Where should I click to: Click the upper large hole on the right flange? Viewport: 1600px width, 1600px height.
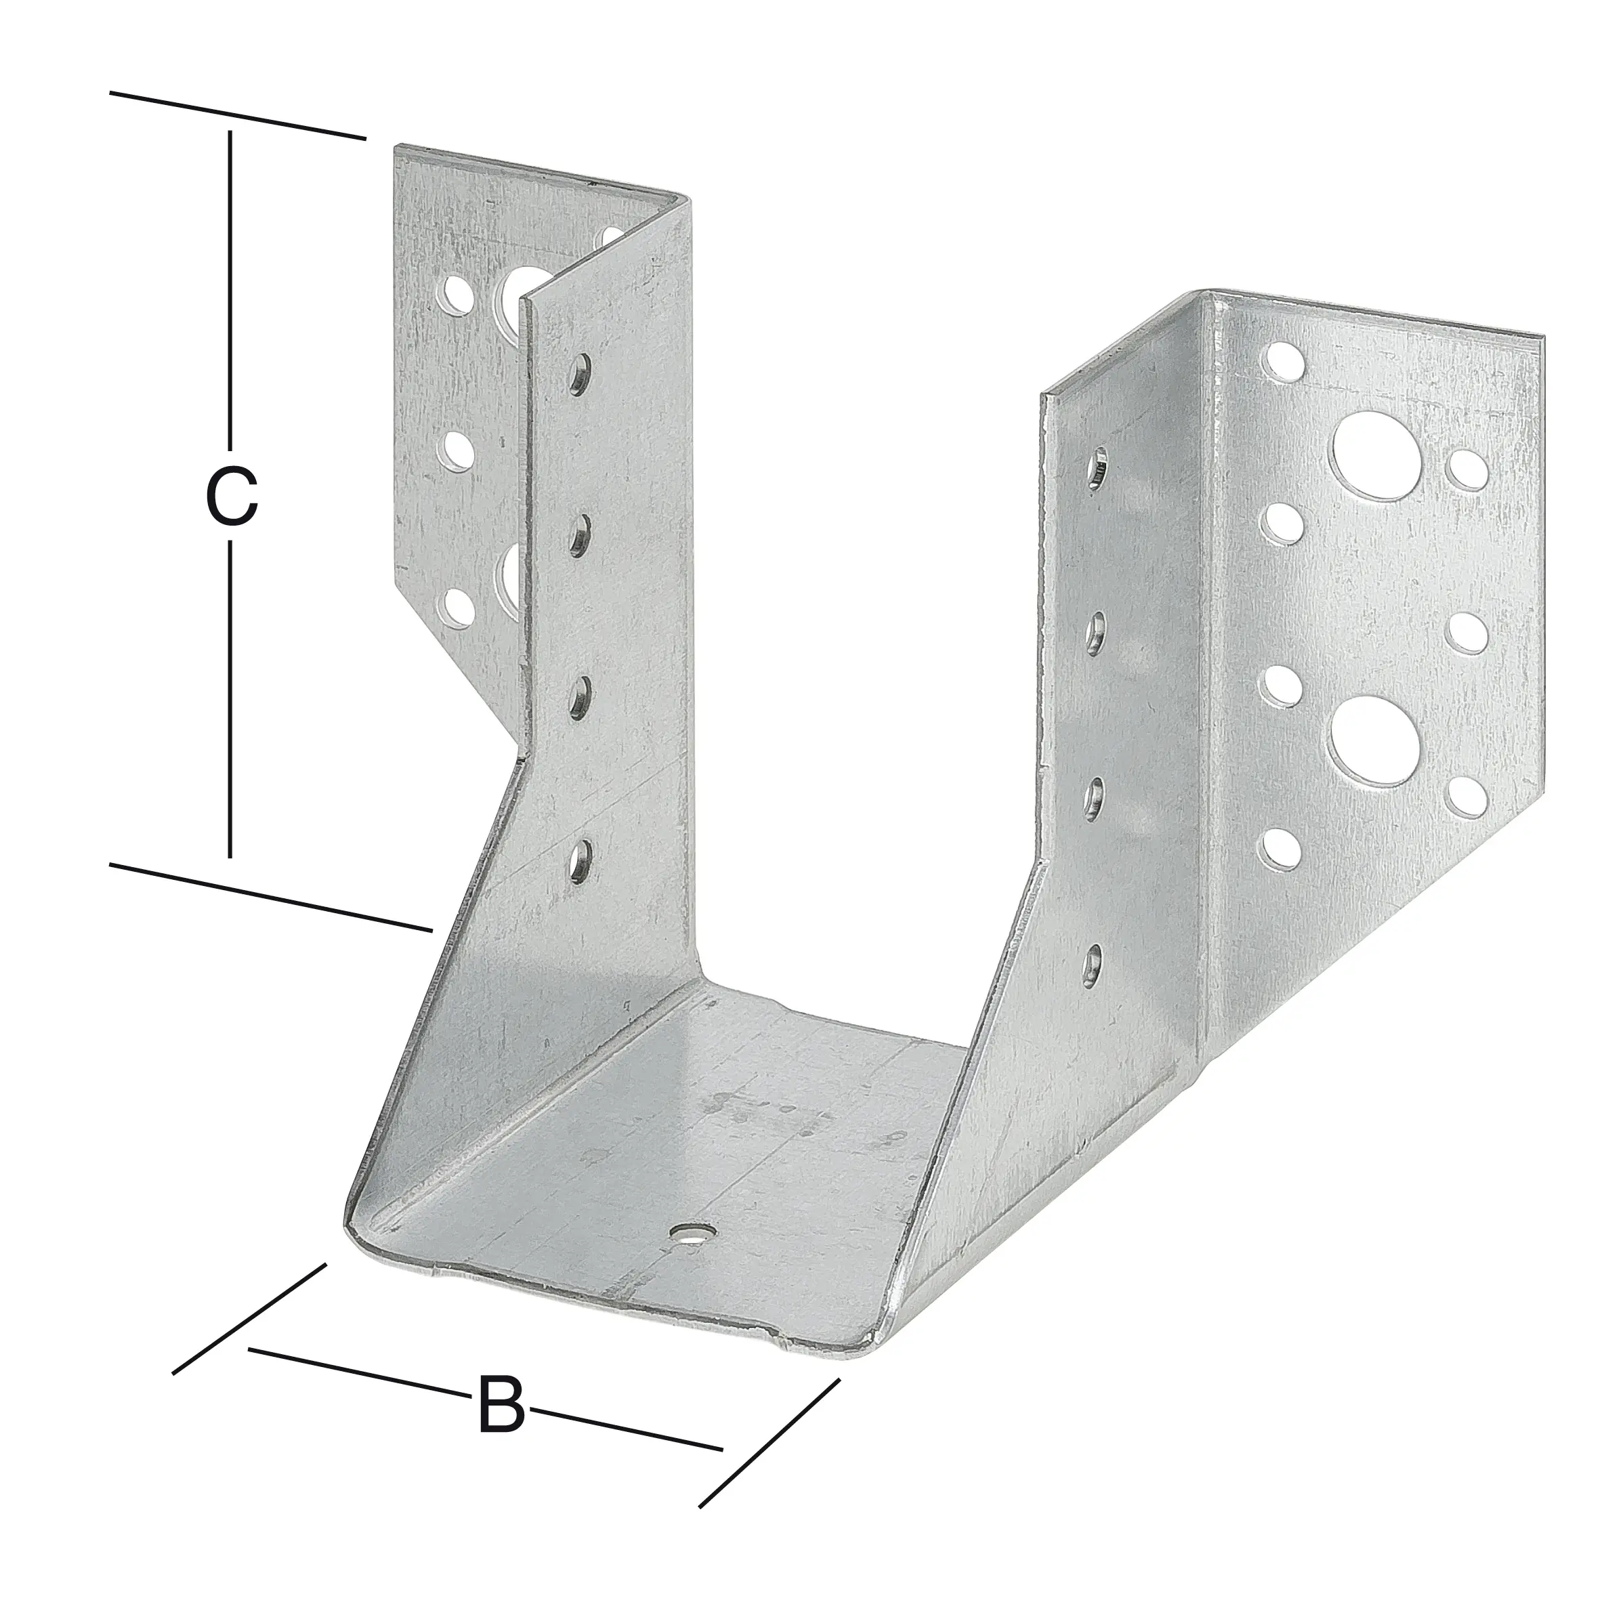[x=1372, y=457]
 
